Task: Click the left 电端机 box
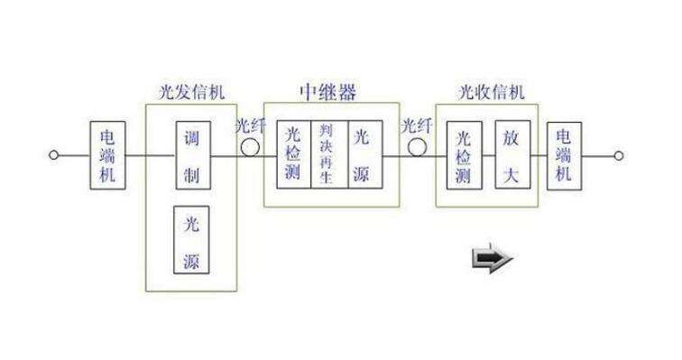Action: pyautogui.click(x=107, y=155)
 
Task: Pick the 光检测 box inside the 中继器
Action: pyautogui.click(x=293, y=154)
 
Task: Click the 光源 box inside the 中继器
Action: pyautogui.click(x=363, y=154)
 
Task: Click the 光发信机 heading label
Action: pyautogui.click(x=190, y=94)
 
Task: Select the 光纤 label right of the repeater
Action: pyautogui.click(x=417, y=126)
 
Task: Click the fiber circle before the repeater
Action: pyautogui.click(x=249, y=144)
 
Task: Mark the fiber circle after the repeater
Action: pyautogui.click(x=416, y=145)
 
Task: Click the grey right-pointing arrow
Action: pyautogui.click(x=493, y=260)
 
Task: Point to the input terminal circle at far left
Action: pyautogui.click(x=53, y=155)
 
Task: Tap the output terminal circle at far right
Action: pyautogui.click(x=619, y=155)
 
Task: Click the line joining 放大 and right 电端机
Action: pyautogui.click(x=539, y=155)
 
